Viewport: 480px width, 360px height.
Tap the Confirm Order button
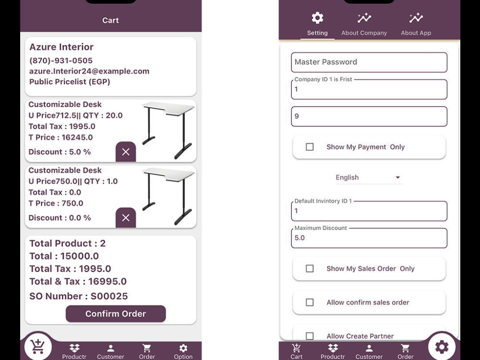click(116, 314)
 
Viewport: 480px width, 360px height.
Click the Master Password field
click(369, 62)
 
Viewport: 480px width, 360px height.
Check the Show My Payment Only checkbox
click(310, 147)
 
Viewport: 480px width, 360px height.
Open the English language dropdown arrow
click(397, 178)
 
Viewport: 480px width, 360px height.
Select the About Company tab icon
click(364, 18)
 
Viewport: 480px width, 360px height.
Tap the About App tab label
click(416, 33)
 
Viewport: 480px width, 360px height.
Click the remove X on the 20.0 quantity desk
click(126, 152)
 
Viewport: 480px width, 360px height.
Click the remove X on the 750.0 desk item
click(126, 218)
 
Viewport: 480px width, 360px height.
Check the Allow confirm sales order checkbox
click(310, 302)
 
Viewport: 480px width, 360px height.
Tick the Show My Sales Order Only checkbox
click(310, 269)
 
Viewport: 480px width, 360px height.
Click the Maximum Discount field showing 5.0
click(369, 238)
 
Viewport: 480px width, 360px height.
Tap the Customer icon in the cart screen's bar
click(110, 348)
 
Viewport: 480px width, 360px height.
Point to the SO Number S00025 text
click(79, 296)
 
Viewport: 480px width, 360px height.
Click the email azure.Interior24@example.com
click(89, 71)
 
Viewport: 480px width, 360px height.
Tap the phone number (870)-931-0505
click(61, 60)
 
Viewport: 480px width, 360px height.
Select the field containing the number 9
click(369, 117)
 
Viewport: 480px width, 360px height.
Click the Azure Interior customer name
click(61, 47)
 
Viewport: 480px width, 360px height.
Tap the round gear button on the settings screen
click(442, 347)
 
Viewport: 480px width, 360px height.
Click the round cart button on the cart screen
click(38, 347)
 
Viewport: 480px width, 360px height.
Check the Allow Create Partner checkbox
click(310, 336)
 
